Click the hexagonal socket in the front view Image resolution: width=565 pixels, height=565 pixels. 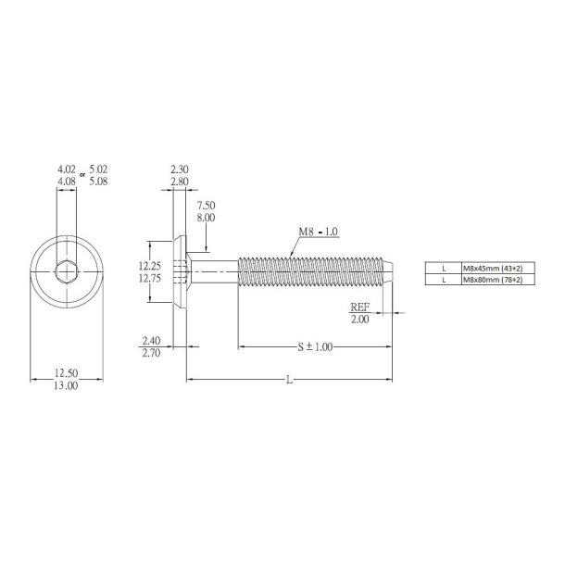point(66,271)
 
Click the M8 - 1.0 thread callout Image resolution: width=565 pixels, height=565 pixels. point(318,231)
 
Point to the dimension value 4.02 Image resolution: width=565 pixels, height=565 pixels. point(66,169)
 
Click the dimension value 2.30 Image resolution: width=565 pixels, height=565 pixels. point(180,169)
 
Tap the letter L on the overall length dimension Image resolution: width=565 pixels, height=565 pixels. point(290,379)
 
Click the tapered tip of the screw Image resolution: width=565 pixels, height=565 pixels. point(393,272)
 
